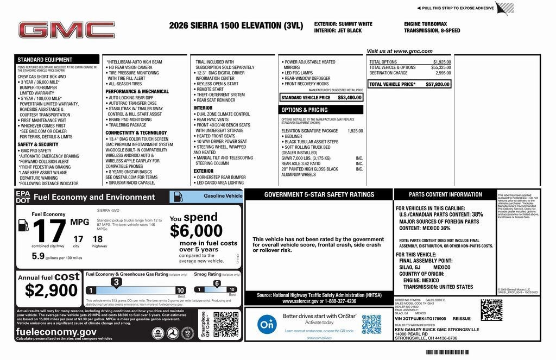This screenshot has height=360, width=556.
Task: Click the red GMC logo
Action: tap(67, 30)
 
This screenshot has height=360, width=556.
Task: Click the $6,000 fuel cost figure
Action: tap(196, 231)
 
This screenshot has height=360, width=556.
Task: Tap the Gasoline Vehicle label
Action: tap(223, 195)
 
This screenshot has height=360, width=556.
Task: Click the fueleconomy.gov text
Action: tap(56, 331)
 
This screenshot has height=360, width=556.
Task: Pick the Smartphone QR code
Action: tap(225, 324)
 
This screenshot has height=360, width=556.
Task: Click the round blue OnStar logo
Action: tap(265, 324)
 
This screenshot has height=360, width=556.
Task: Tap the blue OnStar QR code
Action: tap(371, 324)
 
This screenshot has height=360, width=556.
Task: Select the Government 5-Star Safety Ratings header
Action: tap(319, 194)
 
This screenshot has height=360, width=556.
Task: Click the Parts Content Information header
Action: tap(445, 194)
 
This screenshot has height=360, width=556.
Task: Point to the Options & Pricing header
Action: tap(304, 110)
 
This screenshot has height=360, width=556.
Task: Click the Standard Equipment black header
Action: tap(45, 60)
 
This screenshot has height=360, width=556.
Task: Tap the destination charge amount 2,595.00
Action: tap(443, 73)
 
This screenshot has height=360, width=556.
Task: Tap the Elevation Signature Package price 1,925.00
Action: tap(355, 131)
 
